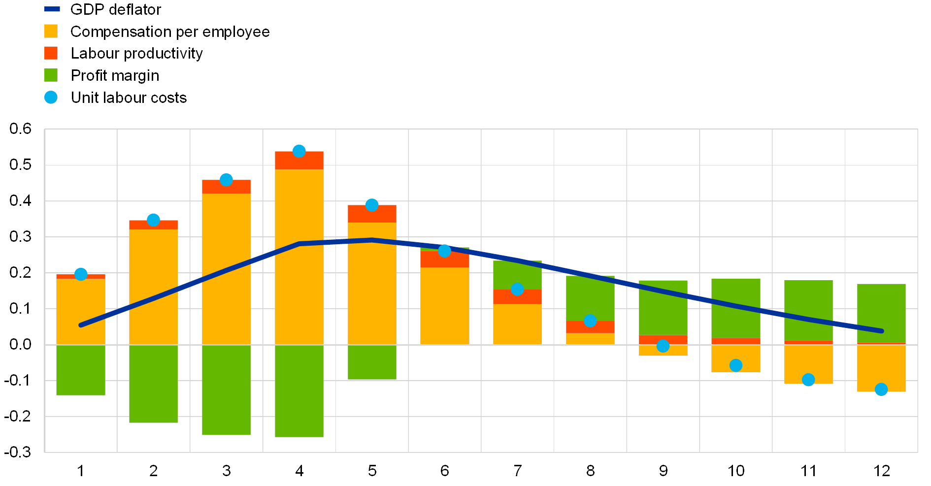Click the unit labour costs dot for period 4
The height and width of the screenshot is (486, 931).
(299, 151)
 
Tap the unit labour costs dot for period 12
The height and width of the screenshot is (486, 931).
(881, 389)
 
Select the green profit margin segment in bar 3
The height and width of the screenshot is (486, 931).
(226, 389)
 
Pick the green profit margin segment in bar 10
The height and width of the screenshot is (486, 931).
(736, 308)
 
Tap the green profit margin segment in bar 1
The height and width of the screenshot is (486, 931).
(81, 370)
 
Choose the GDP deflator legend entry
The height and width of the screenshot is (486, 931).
(116, 9)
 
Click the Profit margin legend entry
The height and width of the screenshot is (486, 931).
(116, 75)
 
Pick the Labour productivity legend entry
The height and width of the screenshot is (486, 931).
(138, 53)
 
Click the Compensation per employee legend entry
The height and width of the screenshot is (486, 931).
(170, 32)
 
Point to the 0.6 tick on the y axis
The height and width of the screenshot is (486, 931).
(21, 129)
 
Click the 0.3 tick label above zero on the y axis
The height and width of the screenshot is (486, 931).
(21, 237)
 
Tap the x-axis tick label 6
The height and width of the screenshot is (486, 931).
(445, 471)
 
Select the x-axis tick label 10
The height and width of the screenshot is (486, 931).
(736, 471)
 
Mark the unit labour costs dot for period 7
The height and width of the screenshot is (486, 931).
(517, 289)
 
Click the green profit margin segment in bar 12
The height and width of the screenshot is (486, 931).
(881, 313)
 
